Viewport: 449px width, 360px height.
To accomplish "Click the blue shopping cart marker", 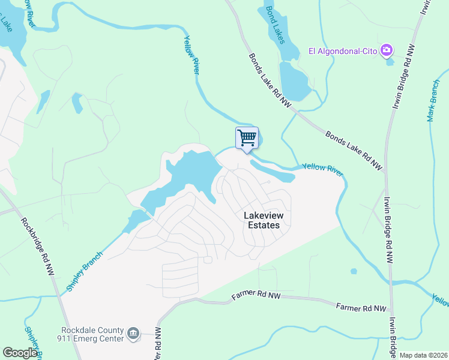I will (x=247, y=138).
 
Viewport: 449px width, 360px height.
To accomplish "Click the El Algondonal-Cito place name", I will (x=343, y=51).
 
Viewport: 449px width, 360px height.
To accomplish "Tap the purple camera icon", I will (x=387, y=50).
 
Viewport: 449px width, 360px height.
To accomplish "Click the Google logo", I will (x=20, y=353).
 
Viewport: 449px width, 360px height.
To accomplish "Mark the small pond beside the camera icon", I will (x=391, y=61).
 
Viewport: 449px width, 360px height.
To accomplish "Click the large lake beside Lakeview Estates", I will (x=192, y=171).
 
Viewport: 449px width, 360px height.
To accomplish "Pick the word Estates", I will (x=264, y=225).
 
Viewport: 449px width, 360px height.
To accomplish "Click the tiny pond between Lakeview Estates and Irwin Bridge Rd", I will (x=354, y=271).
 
